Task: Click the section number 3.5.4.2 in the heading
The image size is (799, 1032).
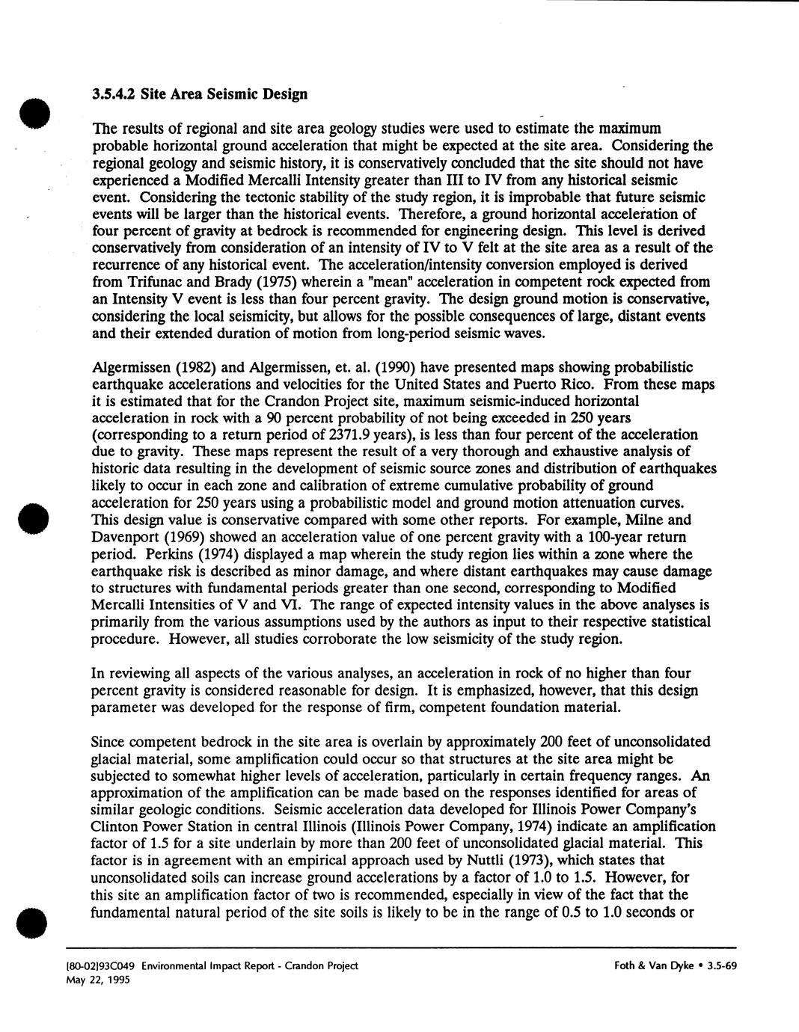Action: click(114, 94)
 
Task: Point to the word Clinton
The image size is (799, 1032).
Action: click(113, 826)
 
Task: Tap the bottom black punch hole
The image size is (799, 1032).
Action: click(34, 920)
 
